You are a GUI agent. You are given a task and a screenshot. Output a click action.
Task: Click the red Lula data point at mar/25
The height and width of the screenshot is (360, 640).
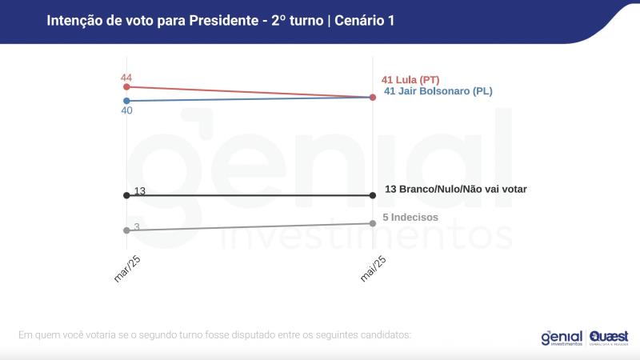coord(126,86)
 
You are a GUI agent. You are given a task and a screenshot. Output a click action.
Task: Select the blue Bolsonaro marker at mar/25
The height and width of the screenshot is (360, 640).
coord(126,101)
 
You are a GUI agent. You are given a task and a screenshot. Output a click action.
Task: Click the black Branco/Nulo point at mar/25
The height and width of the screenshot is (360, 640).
coord(126,195)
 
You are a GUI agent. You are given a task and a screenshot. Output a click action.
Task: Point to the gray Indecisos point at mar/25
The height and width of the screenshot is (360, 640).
coord(126,230)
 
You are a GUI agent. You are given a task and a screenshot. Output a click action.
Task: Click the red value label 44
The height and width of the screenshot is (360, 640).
coord(126,77)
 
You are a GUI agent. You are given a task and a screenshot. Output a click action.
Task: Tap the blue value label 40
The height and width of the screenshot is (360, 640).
coord(126,110)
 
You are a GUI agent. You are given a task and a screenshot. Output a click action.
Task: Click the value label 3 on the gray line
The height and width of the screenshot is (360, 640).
coord(137,227)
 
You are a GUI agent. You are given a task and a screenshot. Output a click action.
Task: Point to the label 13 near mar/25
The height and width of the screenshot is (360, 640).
coord(139,191)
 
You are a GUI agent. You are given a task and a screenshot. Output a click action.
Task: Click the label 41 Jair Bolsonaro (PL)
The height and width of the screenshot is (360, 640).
coord(438,91)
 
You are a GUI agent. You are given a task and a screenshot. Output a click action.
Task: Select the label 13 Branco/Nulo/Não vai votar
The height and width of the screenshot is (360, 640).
coord(455,189)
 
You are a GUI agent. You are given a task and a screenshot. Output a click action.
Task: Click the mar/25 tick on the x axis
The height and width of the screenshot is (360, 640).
coord(128,268)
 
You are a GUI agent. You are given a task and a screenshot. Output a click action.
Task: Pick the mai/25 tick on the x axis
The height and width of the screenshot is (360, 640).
coord(374,268)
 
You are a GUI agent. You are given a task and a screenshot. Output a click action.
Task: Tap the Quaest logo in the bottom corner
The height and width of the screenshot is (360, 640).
coord(609,338)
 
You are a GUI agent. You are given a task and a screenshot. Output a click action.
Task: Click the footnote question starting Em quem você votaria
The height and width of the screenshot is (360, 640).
coord(214,334)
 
